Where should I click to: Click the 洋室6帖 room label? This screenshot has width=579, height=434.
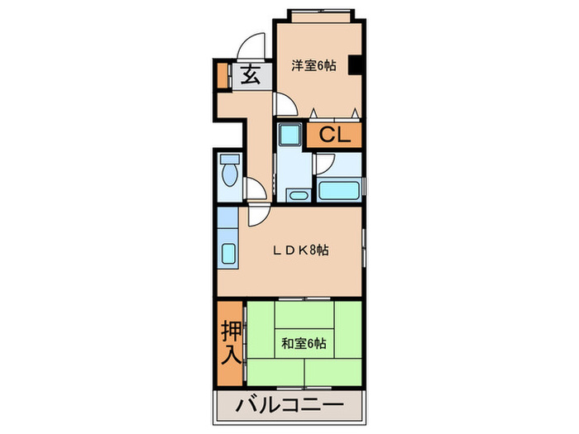click(312, 65)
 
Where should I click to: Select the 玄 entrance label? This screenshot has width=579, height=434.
click(251, 76)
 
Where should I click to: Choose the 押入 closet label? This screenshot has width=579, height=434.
click(231, 343)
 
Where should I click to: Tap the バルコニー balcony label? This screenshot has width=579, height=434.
click(289, 406)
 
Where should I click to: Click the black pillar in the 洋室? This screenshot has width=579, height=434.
click(355, 65)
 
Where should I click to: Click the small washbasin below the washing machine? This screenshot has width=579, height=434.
click(295, 195)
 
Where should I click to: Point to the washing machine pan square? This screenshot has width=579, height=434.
click(290, 134)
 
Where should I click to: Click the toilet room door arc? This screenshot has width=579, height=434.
click(256, 189)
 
